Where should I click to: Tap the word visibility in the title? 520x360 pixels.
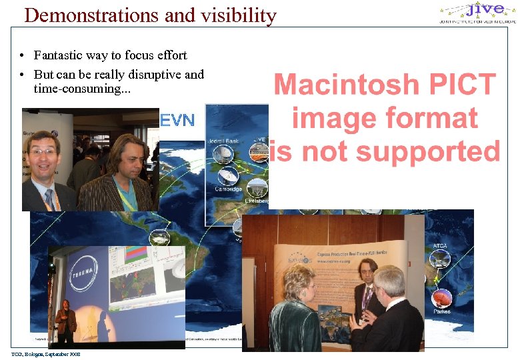233,15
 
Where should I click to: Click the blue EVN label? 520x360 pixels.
178,121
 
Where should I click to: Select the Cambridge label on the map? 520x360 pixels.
228,189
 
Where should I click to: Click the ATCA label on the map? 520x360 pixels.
441,246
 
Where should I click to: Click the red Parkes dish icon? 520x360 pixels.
442,298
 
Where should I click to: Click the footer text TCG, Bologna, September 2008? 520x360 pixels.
45,354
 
